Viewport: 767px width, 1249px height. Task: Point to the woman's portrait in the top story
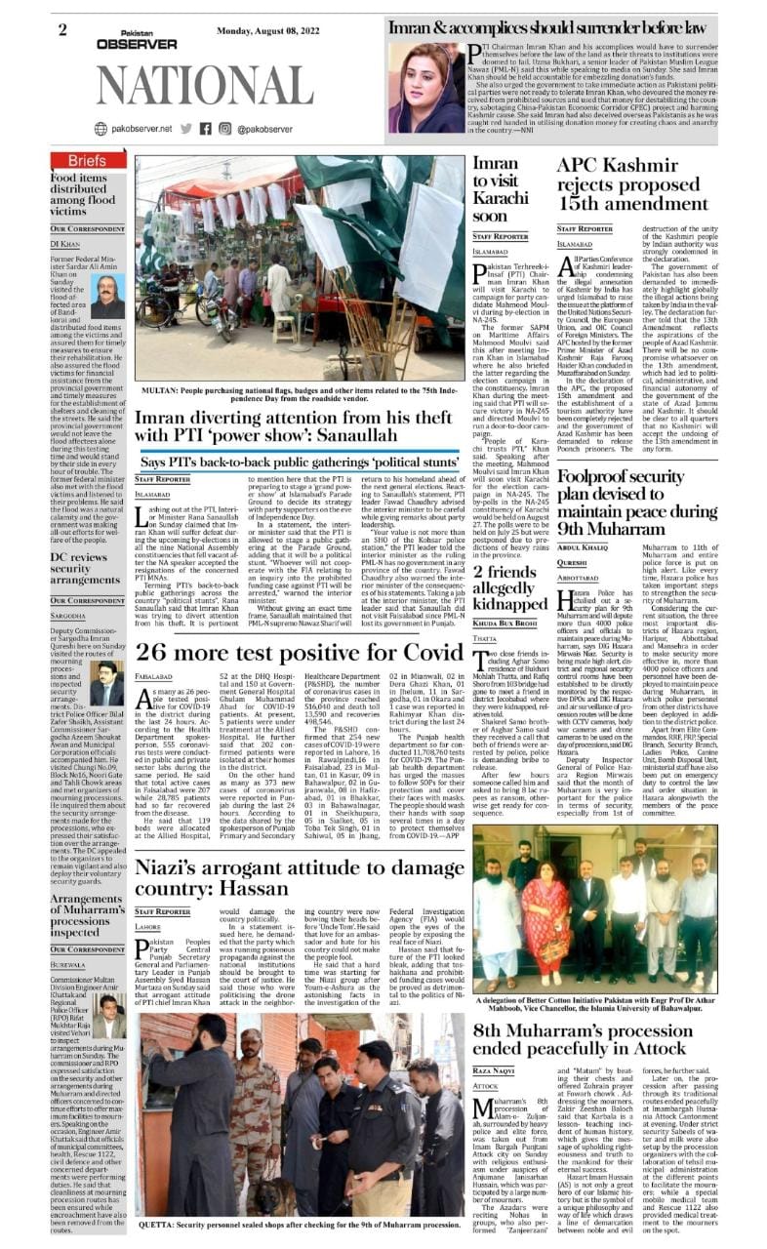(x=426, y=88)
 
